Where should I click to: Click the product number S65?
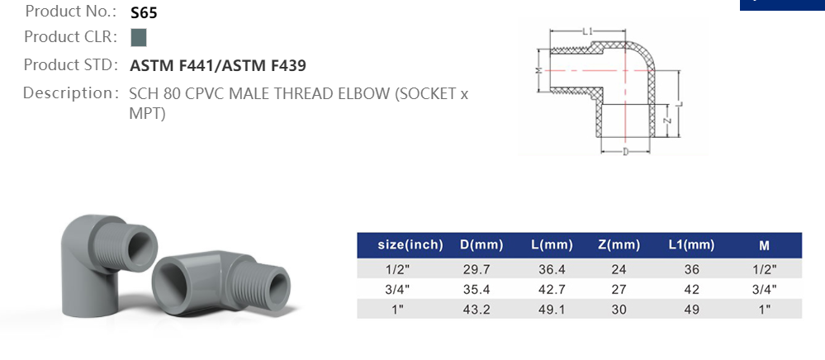tap(144, 13)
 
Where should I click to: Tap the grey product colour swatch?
tap(139, 37)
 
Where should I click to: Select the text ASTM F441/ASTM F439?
tap(218, 65)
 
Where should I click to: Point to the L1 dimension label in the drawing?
tap(587, 31)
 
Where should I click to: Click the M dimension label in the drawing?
tap(538, 71)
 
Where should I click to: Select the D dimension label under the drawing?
tap(625, 151)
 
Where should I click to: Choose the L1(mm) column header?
tap(691, 244)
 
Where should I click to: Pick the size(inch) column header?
tap(410, 244)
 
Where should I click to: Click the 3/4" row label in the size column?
tap(397, 289)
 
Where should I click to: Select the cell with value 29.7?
tap(476, 269)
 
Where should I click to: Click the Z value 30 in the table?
tap(619, 309)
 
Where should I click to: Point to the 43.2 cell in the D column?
tap(476, 309)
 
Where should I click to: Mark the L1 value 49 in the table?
tap(691, 309)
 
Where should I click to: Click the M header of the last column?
tap(764, 244)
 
